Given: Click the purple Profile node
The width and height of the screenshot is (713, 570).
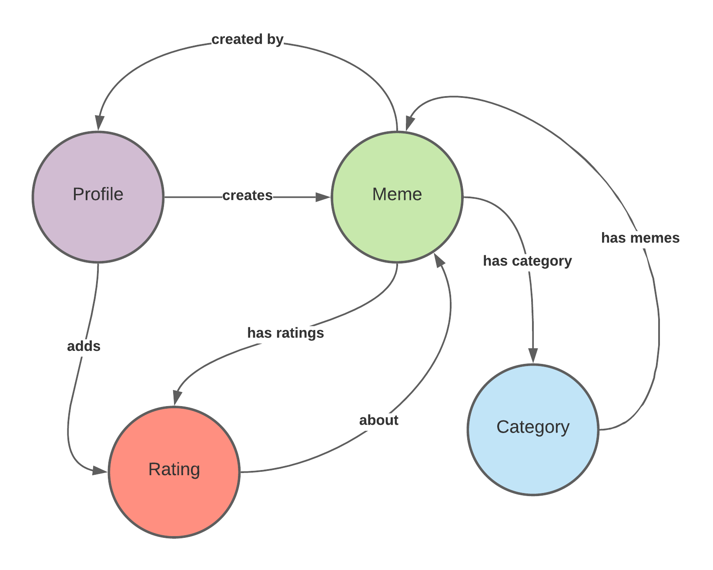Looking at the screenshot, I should point(98,197).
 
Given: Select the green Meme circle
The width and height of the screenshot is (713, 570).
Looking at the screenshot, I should point(397,197).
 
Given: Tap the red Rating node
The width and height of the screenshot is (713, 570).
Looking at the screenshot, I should point(174,472).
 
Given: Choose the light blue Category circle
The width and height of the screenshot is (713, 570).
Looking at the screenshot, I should point(533,430).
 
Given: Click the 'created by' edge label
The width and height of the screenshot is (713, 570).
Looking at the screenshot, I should point(247,40).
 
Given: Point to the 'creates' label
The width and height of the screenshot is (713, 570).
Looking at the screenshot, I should point(247,196).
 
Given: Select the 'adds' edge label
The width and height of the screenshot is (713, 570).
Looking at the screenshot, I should point(84,346).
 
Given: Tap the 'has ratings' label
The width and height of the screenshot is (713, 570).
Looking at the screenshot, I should point(285,333).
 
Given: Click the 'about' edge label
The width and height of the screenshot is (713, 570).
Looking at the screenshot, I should point(378,420).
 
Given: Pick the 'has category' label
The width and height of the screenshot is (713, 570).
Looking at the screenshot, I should point(527,261).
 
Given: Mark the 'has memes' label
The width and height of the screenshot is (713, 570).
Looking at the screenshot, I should point(640,238).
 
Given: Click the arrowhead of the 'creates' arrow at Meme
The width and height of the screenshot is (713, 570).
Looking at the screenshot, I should point(323,197).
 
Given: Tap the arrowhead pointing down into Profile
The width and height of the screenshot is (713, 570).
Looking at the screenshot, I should point(100,123).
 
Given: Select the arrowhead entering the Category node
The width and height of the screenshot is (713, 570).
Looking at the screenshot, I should point(533,355).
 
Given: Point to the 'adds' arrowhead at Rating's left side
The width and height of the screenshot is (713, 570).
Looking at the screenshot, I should point(100,471).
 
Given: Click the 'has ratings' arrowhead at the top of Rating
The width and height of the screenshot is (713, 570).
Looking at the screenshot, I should point(177,397).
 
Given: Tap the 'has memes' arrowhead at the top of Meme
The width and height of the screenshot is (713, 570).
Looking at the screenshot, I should point(409,123).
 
